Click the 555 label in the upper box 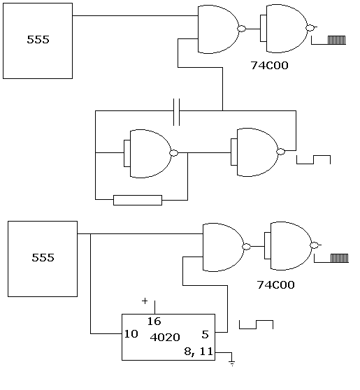click(x=38, y=40)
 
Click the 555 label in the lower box click(x=43, y=257)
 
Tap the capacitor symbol click(x=177, y=111)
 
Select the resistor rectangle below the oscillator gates click(x=137, y=201)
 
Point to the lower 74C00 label click(x=275, y=284)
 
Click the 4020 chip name click(x=165, y=337)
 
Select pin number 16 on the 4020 click(x=154, y=322)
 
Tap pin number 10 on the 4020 click(x=130, y=334)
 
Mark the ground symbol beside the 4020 click(x=232, y=363)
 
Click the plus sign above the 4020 click(x=145, y=301)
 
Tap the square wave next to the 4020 click(x=256, y=325)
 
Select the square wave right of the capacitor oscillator click(x=313, y=160)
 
